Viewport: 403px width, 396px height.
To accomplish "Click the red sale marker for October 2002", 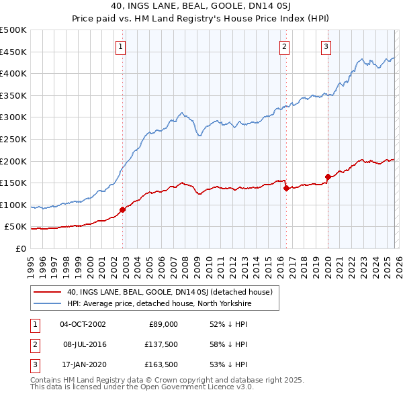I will pyautogui.click(x=123, y=209).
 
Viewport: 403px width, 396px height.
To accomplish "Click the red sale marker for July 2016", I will pyautogui.click(x=286, y=189).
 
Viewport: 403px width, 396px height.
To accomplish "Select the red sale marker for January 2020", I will pyautogui.click(x=328, y=177).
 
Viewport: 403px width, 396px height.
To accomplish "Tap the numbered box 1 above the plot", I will pyautogui.click(x=120, y=46).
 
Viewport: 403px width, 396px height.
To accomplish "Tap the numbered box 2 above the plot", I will pyautogui.click(x=284, y=46).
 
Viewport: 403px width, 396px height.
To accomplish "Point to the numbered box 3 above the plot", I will pyautogui.click(x=326, y=46).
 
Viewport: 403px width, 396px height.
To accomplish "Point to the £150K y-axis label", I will pyautogui.click(x=13, y=183).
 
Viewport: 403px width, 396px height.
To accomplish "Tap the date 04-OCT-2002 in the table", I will pyautogui.click(x=83, y=324).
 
